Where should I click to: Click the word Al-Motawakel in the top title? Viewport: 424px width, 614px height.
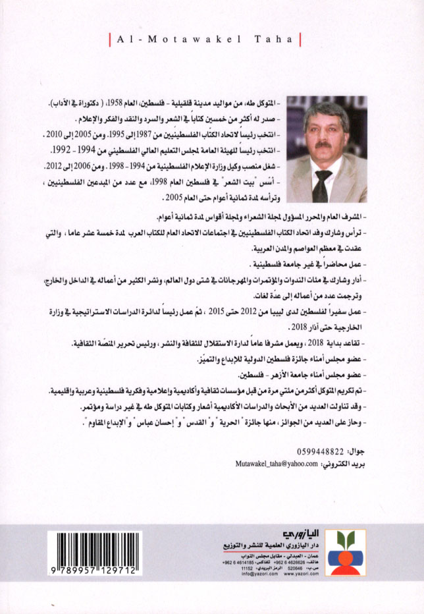coord(176,40)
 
